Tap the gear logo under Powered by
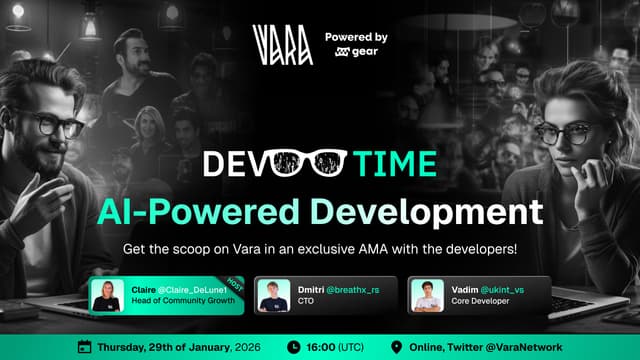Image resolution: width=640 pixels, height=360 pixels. [349, 56]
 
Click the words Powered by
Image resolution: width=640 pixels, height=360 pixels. [356, 38]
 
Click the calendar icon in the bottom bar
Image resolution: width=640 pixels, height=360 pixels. [84, 347]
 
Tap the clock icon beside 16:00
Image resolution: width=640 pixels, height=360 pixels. [293, 347]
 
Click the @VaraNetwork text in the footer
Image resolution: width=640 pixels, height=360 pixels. [521, 347]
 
